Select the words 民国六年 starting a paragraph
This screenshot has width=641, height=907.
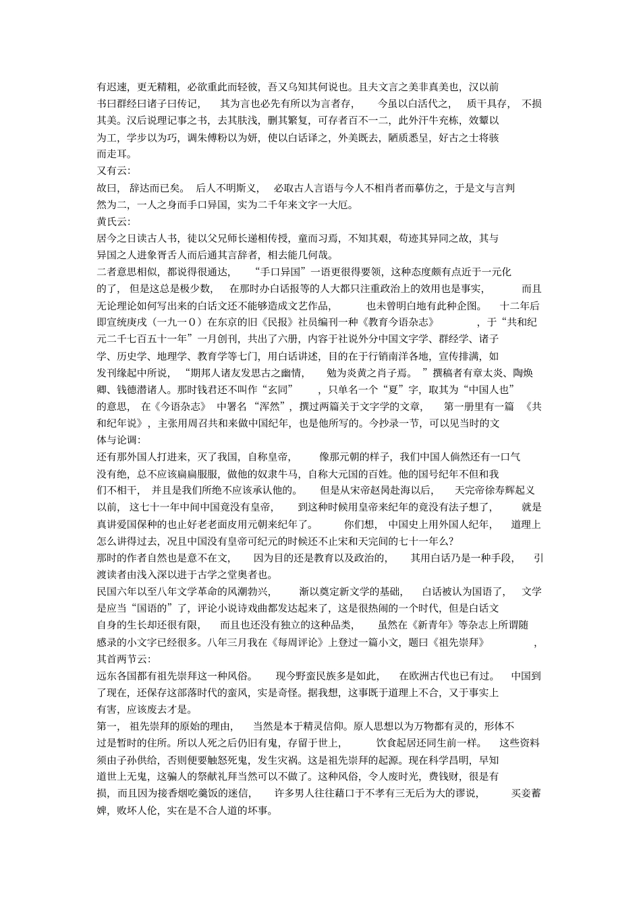tap(119, 591)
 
